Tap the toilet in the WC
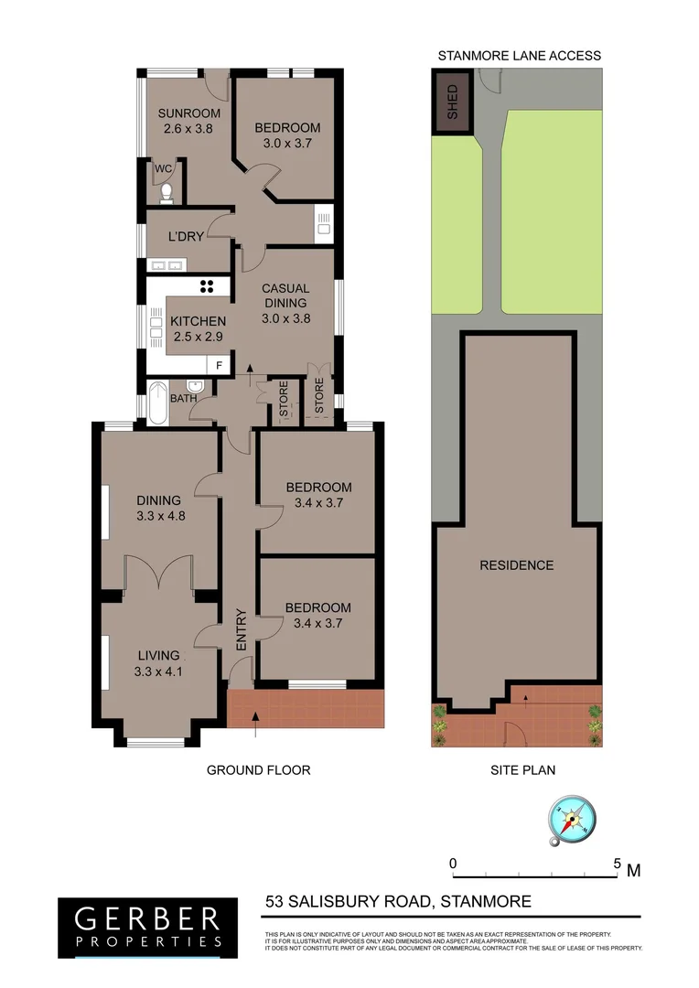pos(166,192)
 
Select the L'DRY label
pos(186,237)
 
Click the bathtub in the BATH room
pos(156,403)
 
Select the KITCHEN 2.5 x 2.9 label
pos(198,328)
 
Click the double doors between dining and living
pos(160,573)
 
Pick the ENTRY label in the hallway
pos(242,629)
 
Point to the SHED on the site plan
pos(451,102)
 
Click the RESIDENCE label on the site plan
pos(517,565)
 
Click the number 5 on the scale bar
pos(617,864)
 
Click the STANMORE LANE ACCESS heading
pos(519,56)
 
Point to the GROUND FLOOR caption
pos(258,770)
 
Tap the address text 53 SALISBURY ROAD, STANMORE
pos(398,902)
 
